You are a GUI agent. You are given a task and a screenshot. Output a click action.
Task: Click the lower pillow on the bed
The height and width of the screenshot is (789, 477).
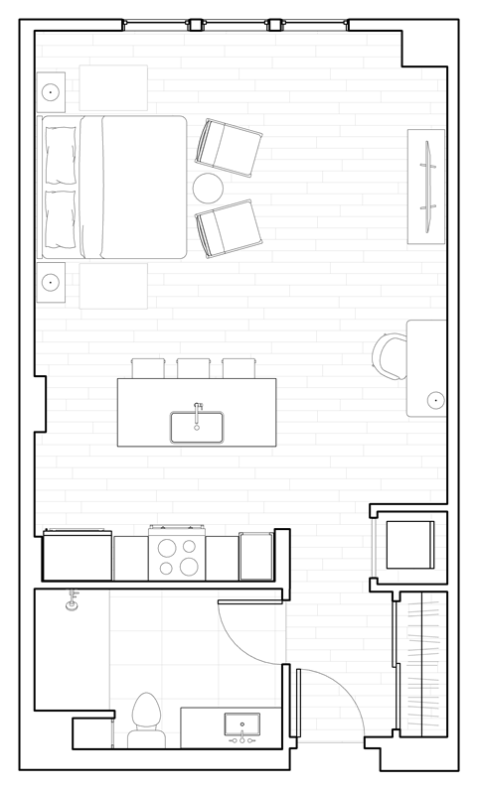point(61,218)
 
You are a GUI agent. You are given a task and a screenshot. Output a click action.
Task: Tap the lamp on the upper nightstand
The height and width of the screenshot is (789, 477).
point(51,93)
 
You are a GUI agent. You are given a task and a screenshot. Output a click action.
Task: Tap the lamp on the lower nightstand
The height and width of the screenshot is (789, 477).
point(51,282)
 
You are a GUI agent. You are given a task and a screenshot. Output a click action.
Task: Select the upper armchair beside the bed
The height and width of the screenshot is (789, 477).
point(229,146)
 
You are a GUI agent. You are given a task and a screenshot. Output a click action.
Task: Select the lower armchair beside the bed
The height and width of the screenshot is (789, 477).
point(229,227)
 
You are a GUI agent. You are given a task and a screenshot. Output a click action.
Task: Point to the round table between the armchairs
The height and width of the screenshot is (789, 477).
point(210,188)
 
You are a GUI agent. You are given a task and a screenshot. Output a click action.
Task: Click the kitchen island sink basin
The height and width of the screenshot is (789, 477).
point(196,428)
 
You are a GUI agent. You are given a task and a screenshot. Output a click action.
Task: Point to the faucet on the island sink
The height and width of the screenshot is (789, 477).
point(197,407)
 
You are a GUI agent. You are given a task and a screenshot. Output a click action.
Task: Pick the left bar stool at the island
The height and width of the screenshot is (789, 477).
point(147,367)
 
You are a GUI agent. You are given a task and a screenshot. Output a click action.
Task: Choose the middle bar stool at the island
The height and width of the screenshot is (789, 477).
point(193,367)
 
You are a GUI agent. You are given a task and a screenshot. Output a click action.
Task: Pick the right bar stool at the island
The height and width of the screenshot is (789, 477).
point(238,367)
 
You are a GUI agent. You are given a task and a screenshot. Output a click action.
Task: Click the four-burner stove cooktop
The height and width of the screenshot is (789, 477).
point(176,556)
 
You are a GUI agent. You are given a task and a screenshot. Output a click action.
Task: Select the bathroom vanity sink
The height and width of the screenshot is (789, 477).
point(242,723)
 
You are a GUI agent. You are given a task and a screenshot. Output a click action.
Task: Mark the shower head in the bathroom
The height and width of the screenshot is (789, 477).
point(72,601)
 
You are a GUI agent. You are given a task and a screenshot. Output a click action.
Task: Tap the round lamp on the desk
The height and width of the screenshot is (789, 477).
point(434,401)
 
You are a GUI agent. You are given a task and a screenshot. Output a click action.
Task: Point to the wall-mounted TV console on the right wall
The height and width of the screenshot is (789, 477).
point(427,186)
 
